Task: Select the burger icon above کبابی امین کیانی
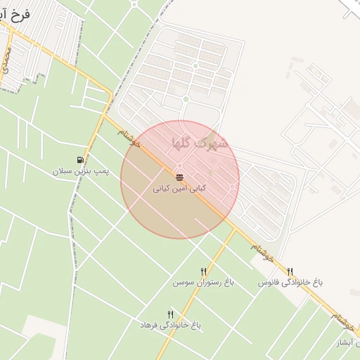coord(179,176)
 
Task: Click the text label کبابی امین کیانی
coord(180,188)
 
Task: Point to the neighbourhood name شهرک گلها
coord(200,143)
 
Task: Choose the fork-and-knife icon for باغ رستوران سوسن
coord(204,271)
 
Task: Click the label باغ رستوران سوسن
coord(204,282)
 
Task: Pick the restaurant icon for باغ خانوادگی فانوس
coord(290,271)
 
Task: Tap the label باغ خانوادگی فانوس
coord(290,282)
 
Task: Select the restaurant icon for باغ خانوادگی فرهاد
coord(170,314)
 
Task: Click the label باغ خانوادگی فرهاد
coord(170,325)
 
